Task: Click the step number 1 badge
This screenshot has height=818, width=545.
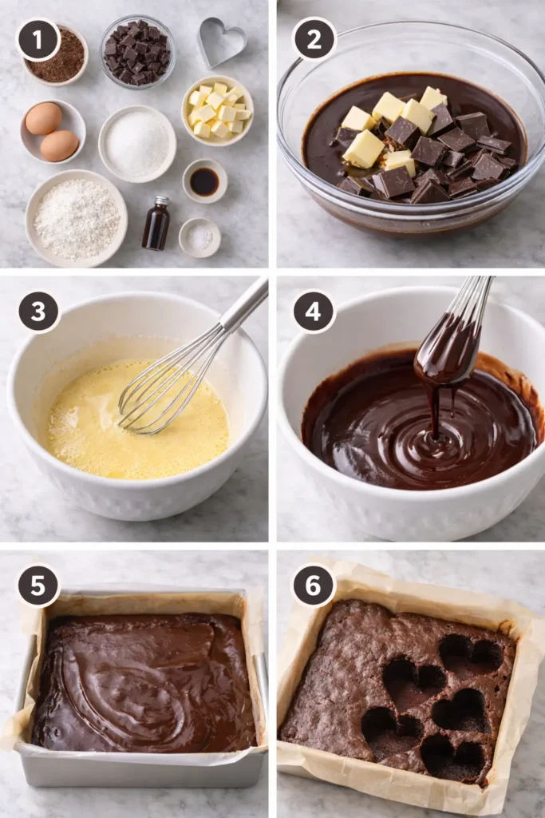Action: (x=38, y=39)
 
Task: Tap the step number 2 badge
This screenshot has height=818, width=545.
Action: (x=314, y=39)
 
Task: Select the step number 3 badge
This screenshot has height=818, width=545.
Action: (x=38, y=312)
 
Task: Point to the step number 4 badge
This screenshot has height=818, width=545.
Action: (x=314, y=312)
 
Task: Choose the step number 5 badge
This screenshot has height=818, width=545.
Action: (x=38, y=586)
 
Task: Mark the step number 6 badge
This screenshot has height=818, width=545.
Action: (x=314, y=586)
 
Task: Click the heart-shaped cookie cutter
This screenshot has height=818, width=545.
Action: (x=221, y=42)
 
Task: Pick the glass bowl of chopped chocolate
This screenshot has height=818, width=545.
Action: (x=137, y=53)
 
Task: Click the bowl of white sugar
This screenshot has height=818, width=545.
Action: (x=137, y=144)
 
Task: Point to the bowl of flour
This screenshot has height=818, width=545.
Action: (x=76, y=217)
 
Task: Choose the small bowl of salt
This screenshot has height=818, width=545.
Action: (x=199, y=237)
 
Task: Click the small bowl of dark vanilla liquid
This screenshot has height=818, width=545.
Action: (x=204, y=181)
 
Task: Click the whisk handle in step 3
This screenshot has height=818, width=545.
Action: (x=244, y=305)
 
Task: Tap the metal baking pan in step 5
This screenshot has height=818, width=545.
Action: (x=140, y=767)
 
